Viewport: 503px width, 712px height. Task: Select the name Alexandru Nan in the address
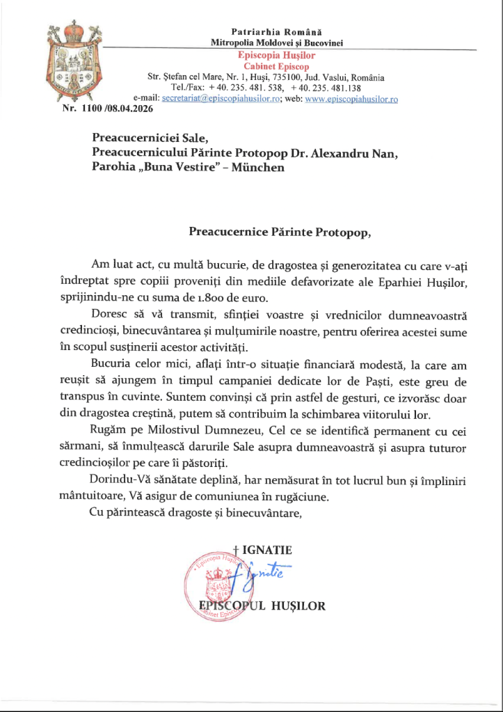coord(361,152)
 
